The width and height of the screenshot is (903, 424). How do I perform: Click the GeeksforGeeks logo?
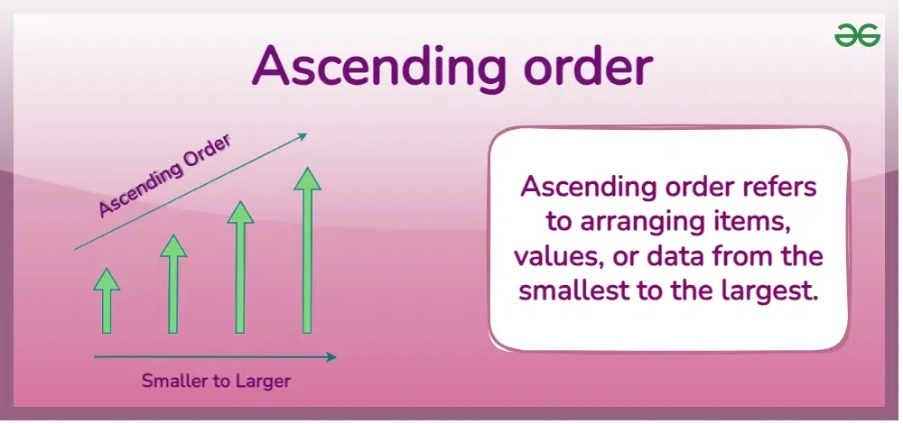point(856,35)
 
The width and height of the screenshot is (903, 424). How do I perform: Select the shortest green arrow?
point(107,301)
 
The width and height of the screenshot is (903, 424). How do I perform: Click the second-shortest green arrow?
point(173,284)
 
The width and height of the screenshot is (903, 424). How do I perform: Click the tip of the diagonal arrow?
point(305,135)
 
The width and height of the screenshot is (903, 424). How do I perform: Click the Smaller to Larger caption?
point(216,381)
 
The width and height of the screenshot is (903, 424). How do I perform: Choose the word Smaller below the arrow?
point(176,381)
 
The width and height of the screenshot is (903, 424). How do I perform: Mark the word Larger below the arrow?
point(262,381)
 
